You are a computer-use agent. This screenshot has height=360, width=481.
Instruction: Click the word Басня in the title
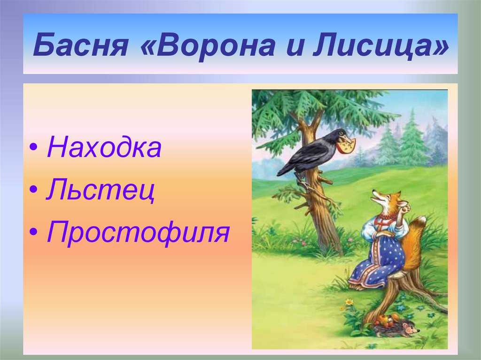[x=80, y=45]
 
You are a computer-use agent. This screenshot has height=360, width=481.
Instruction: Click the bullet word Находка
[x=104, y=147]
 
